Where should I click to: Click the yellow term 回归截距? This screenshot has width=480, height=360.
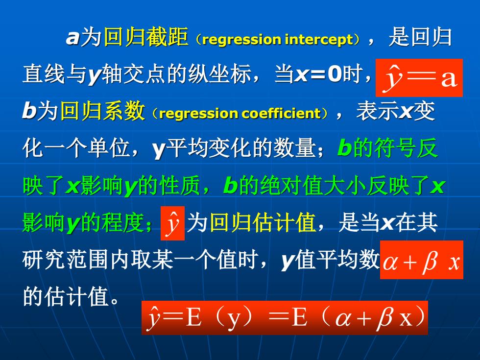point(146,37)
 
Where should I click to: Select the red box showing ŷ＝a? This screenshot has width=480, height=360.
point(419,78)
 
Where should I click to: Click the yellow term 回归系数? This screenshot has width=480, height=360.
point(102,111)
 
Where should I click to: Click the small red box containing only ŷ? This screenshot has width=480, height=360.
point(172,223)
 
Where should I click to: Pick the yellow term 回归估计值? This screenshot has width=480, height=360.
point(263,222)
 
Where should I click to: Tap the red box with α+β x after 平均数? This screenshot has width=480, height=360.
point(422,260)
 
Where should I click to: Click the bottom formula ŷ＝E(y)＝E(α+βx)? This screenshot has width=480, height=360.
point(285,318)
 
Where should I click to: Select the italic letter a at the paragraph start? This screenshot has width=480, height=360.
point(73,38)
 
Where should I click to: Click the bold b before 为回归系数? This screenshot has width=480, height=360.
point(29,110)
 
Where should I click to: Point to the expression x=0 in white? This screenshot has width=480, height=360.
point(318,74)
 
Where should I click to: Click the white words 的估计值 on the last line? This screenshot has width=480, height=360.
point(66,296)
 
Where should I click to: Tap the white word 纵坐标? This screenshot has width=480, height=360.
point(219,74)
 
